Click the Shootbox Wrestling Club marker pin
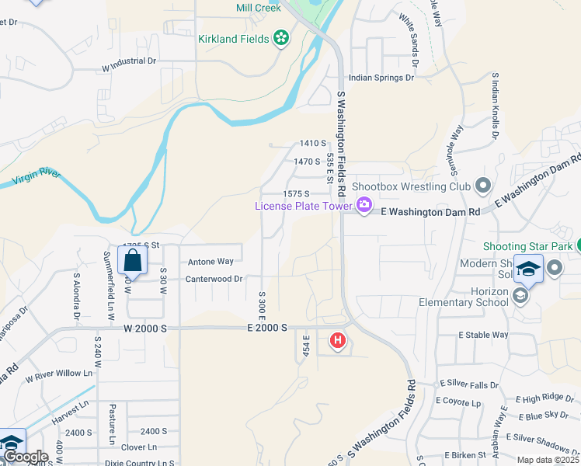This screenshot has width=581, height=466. coord(483,186)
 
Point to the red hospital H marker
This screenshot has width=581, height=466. coord(337,339)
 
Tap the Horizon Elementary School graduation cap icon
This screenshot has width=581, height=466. coord(520,296)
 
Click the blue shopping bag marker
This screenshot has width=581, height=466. coord(132,262)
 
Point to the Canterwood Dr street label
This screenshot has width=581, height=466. coord(214,278)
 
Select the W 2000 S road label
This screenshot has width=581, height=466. coord(144,329)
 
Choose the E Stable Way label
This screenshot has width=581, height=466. coord(483,335)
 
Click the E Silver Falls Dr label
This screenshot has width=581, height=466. coord(470,384)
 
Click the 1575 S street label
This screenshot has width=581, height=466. coord(296,193)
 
